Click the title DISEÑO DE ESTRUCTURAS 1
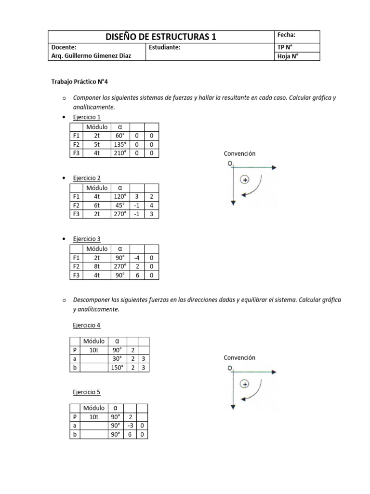161,37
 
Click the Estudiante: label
165,47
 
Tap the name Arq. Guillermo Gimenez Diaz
91,56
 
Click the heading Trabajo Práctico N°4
83,82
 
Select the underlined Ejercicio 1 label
87,117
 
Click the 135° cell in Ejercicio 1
119,144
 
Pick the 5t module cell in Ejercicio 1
96,144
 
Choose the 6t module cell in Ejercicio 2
96,205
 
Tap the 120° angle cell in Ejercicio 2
119,196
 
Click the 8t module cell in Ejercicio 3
96,266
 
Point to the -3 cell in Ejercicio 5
130,426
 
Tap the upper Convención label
239,153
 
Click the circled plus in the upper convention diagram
245,180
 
